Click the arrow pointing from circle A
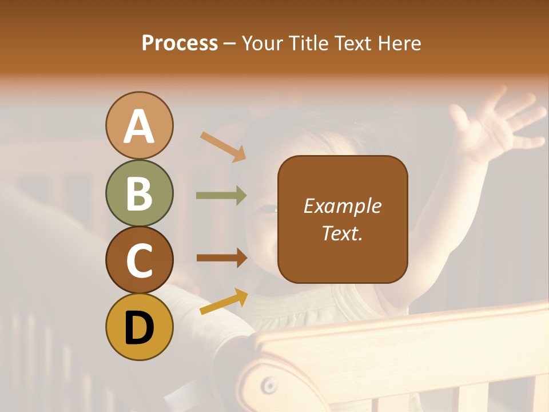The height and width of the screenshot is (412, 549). pos(223,146)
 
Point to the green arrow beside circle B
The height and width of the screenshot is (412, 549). pos(221,196)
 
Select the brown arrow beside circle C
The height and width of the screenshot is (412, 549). pos(221,258)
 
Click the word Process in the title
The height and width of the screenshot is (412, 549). pos(180,43)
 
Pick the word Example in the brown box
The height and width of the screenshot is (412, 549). pos(343,206)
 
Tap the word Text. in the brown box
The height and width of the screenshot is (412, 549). pos(343,233)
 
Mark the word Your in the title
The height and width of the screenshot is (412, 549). pos(262,43)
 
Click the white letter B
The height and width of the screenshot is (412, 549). pos(139,193)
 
